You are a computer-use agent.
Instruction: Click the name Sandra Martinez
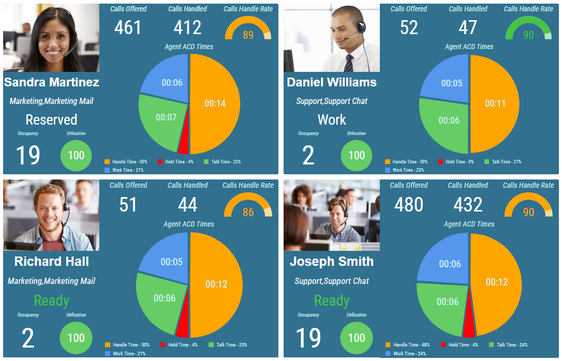coord(51,82)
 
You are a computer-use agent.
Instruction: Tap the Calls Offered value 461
coord(127,27)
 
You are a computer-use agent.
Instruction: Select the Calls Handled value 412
coord(187,27)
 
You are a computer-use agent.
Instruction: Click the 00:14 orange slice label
coord(215,103)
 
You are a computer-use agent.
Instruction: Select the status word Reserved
coord(51,120)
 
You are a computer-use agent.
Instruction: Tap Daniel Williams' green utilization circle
coord(356,155)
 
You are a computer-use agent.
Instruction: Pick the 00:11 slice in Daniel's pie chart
coord(495,103)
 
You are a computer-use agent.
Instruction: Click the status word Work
coord(332,120)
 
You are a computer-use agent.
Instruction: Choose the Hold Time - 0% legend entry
coord(456,162)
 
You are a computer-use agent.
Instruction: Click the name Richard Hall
coord(51,261)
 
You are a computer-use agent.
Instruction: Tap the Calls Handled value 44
coord(187,205)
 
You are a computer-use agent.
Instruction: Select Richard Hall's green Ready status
coord(51,300)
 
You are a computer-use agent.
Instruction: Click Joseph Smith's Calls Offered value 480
coord(408,205)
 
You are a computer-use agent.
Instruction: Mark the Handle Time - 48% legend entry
coord(408,345)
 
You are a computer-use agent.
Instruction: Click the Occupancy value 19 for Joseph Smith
coord(308,338)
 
